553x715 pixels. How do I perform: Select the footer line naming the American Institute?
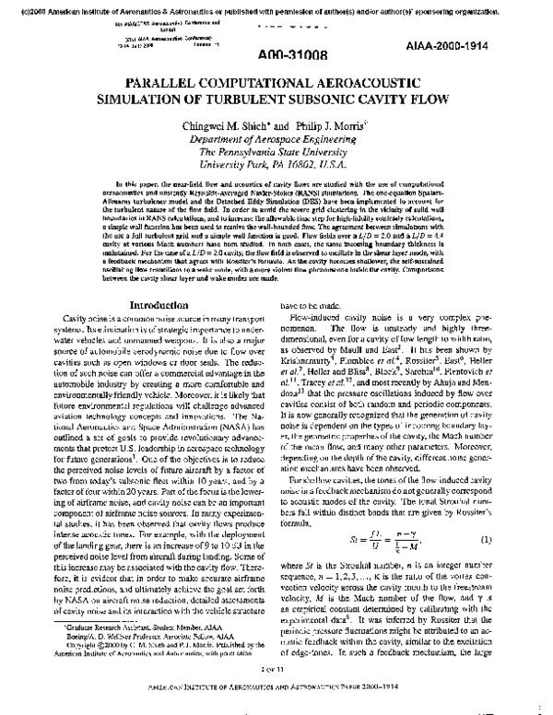coord(276,704)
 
